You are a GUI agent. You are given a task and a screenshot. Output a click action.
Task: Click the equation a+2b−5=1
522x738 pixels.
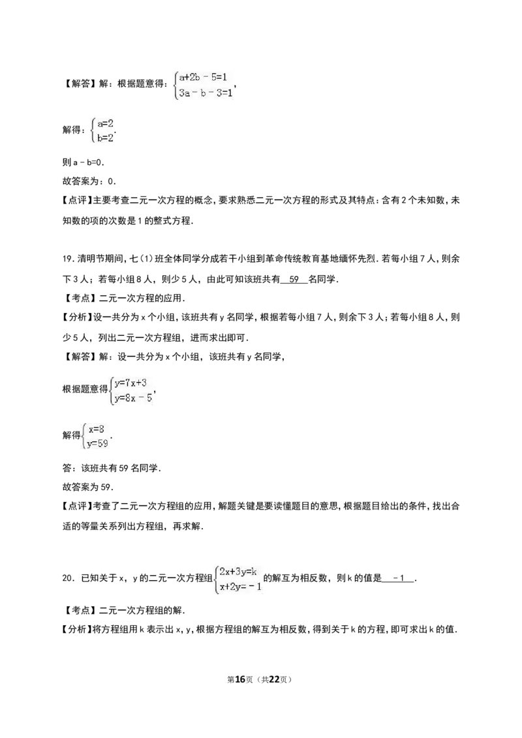point(203,77)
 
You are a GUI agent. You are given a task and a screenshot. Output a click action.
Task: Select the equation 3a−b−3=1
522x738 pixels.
point(206,93)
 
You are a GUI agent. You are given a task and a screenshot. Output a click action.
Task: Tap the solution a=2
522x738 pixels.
point(106,124)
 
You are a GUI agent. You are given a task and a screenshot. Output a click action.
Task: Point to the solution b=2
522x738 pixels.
point(106,138)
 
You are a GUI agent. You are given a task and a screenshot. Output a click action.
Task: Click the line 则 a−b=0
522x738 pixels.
point(84,162)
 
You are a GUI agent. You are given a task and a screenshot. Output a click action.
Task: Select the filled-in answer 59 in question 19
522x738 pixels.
point(294,279)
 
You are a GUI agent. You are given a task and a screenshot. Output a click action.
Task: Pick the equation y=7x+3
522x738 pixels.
point(130,383)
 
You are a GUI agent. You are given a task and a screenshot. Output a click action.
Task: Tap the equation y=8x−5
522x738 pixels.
point(133,398)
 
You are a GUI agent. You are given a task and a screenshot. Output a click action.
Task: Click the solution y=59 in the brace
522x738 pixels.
point(97,443)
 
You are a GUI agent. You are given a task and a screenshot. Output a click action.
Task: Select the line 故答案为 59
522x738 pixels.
point(88,487)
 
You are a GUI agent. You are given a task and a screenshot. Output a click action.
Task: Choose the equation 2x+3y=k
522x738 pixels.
point(238,572)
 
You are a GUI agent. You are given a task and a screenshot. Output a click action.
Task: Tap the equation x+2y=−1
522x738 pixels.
point(240,587)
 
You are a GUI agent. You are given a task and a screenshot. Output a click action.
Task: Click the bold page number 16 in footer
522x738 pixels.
point(240,679)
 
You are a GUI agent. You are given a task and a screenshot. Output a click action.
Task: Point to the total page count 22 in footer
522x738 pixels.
point(275,679)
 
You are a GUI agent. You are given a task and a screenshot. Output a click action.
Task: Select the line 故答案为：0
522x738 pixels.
point(89,181)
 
